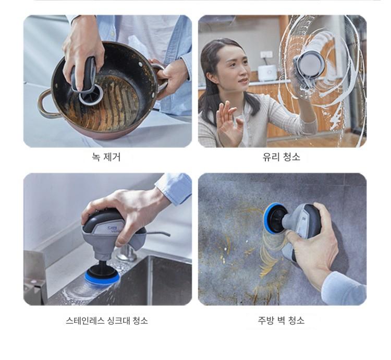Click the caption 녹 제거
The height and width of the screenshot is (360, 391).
tap(106, 157)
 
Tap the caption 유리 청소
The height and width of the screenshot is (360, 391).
tap(282, 157)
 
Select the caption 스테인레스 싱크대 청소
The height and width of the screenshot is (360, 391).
tap(107, 320)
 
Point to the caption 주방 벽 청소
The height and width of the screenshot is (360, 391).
tap(281, 320)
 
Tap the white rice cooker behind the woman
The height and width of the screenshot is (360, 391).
tap(267, 73)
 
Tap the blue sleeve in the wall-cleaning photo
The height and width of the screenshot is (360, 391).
tap(344, 290)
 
